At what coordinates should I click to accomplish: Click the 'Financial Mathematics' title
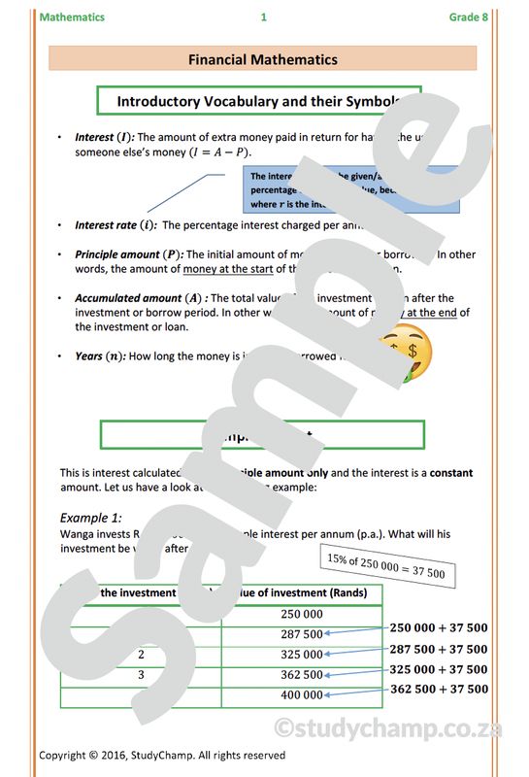click(263, 59)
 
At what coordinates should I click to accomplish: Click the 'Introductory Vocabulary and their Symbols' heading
click(258, 101)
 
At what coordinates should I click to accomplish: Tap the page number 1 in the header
click(263, 17)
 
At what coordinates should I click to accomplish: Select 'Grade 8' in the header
click(468, 17)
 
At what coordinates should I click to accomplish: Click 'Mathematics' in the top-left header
click(72, 17)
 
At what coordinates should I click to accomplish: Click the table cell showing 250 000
click(302, 614)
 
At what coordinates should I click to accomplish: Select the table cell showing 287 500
click(302, 634)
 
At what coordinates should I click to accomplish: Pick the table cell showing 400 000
click(302, 695)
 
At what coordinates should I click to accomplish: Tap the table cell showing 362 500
click(302, 675)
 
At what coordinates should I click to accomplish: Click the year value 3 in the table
click(141, 675)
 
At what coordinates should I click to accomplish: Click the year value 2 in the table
click(141, 655)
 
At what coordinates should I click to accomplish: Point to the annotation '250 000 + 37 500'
click(439, 628)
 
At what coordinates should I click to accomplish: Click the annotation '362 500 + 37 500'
click(439, 690)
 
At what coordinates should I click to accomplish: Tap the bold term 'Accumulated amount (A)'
click(142, 298)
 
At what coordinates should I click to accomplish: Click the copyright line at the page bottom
click(162, 755)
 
